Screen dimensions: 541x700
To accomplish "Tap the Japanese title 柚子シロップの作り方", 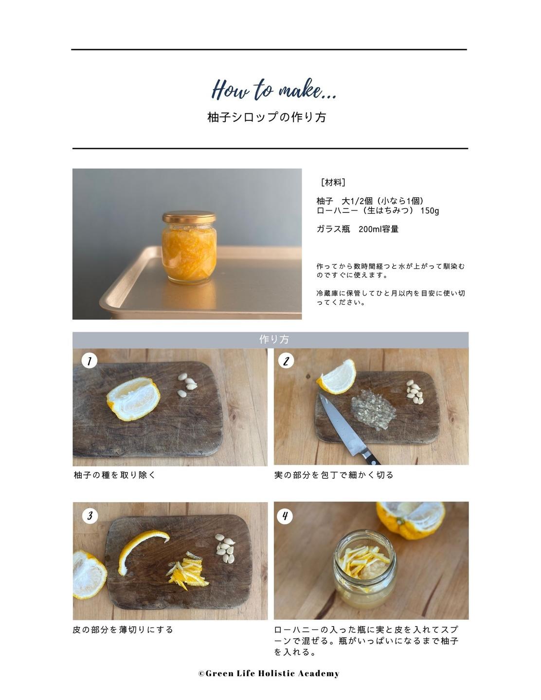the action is point(267,117).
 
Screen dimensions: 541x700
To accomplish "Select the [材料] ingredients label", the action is point(333,183).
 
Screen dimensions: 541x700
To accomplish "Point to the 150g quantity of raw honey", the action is point(430,210).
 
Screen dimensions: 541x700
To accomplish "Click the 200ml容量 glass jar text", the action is point(379,229).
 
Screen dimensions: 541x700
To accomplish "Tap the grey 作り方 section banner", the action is point(270,339).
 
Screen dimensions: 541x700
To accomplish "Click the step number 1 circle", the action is point(90,361).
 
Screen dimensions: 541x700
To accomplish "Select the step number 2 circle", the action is point(286,361).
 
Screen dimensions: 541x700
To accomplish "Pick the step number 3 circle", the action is point(90,516).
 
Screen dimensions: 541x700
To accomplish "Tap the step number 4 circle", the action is point(285,516).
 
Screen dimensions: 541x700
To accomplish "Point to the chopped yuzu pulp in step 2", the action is point(373,409).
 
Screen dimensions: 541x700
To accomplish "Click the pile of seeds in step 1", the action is point(187,385).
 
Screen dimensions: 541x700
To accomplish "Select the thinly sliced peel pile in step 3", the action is point(187,570).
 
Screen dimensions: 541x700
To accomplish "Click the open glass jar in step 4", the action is point(365,570).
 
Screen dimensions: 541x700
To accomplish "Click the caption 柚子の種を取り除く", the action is point(115,475).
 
